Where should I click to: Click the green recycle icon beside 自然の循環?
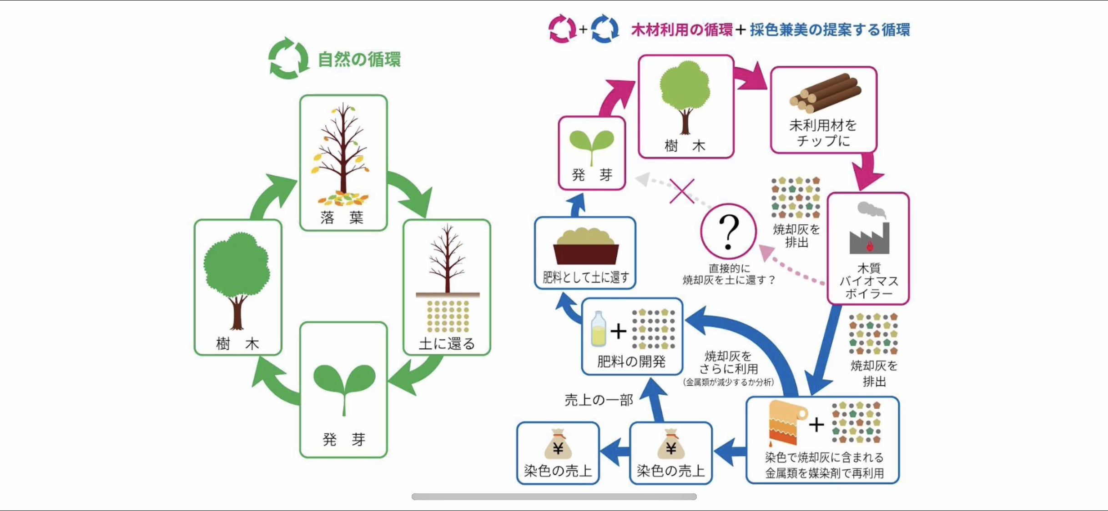[x=288, y=59]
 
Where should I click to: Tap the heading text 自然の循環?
[x=359, y=60]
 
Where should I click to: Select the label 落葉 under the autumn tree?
[x=342, y=218]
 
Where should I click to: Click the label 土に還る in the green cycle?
[x=447, y=343]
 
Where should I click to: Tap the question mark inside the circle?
[x=729, y=232]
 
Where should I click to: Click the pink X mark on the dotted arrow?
[x=682, y=191]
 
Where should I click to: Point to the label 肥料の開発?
[x=631, y=362]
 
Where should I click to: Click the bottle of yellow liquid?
[x=598, y=329]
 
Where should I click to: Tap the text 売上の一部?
[x=599, y=400]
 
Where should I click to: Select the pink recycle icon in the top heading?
[x=562, y=29]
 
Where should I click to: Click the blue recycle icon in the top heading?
[x=605, y=29]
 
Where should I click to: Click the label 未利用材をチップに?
[x=823, y=133]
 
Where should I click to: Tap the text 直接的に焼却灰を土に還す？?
[x=729, y=274]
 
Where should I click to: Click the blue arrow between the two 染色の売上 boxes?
[x=614, y=451]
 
